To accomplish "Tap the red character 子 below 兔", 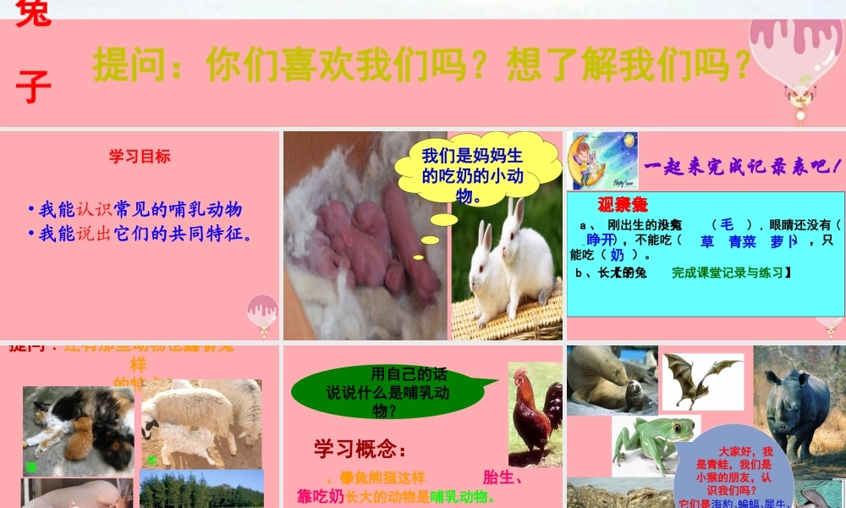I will (x=33, y=86).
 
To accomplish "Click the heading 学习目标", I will (x=140, y=156).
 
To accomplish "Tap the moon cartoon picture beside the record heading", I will (x=604, y=160).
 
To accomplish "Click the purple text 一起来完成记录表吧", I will (x=742, y=167).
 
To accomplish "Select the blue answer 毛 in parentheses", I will (x=727, y=224).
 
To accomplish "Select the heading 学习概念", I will (x=360, y=447).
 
